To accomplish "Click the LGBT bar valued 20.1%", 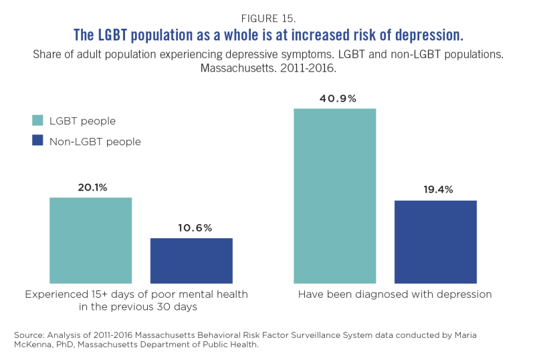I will click(91, 240).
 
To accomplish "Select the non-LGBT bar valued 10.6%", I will click(191, 260).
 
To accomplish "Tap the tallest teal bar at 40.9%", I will click(335, 195).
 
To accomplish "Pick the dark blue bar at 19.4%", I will click(435, 242).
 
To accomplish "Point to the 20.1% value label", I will click(91, 187).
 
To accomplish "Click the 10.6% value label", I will click(191, 228).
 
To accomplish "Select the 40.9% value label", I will click(335, 98).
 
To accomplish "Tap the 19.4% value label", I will click(435, 190).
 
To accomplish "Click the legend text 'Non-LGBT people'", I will click(95, 141).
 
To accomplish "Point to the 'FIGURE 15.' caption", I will click(267, 17).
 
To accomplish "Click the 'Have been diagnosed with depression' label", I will click(395, 294).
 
